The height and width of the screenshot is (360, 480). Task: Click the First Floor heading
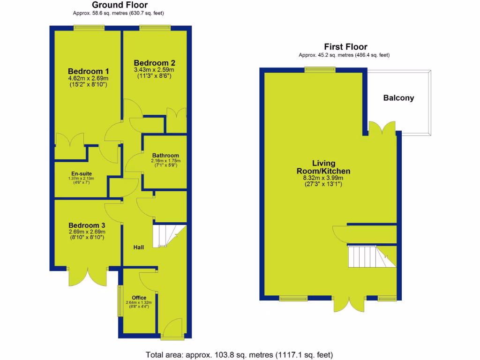[x=345, y=47]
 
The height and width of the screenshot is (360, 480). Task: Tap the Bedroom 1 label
[x=88, y=71]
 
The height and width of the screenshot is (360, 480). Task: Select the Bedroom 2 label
[x=155, y=63]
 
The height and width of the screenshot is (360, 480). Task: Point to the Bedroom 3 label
[x=87, y=225]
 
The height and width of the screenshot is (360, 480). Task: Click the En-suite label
[x=82, y=173]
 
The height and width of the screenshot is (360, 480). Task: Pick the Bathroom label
[x=165, y=156]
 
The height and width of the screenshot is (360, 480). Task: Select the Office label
[x=139, y=298]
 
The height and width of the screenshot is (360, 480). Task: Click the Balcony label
[x=398, y=98]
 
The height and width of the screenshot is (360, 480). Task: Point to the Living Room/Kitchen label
[x=323, y=167]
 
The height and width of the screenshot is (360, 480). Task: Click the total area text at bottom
[x=240, y=354]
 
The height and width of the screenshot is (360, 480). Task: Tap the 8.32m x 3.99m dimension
[x=323, y=178]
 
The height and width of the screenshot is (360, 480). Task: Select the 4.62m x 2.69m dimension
[x=88, y=78]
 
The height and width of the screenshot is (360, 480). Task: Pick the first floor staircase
[x=368, y=256]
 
